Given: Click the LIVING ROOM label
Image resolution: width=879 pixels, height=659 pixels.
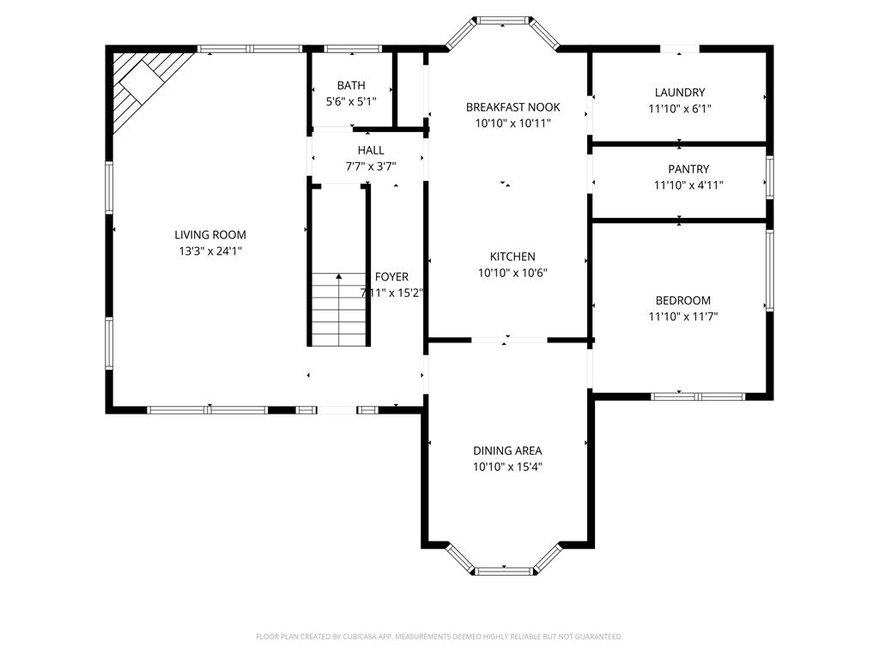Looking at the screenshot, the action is pos(210,235).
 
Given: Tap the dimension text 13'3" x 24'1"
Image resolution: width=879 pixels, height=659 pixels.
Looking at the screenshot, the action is pos(210,251).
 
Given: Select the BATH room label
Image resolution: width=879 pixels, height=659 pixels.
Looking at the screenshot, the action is pos(351,85).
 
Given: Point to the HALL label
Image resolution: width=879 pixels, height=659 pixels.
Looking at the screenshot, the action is pos(371,150).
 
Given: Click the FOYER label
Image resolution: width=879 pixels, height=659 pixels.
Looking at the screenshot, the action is pos(391,277).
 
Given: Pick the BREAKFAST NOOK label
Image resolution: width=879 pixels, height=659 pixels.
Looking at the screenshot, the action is pos(513,107).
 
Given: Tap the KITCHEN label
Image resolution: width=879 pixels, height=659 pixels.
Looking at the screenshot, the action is pos(512,257).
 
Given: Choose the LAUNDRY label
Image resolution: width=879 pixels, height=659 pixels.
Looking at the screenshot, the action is pos(680,93).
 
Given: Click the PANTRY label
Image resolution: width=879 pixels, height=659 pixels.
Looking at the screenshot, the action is pos(688,169).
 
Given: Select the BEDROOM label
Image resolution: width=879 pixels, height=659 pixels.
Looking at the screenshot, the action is pos(682,300).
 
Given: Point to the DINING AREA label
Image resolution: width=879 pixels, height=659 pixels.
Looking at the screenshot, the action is pos(507,450).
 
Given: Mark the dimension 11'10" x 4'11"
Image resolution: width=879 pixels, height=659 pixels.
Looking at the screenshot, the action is pos(688,185).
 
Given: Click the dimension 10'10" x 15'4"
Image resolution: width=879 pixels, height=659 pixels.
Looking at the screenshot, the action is pos(507,467).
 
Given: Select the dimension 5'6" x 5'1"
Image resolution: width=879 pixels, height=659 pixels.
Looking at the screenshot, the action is pos(351,101).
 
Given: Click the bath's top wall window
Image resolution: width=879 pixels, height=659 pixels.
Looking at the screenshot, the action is pos(352,49).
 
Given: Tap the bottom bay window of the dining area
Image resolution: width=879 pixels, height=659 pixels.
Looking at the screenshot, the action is pos(503,571).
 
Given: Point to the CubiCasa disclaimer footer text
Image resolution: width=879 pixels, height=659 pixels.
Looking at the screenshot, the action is pos(439,637).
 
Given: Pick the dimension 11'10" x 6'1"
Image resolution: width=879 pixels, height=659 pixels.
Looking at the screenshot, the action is pos(680,109).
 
